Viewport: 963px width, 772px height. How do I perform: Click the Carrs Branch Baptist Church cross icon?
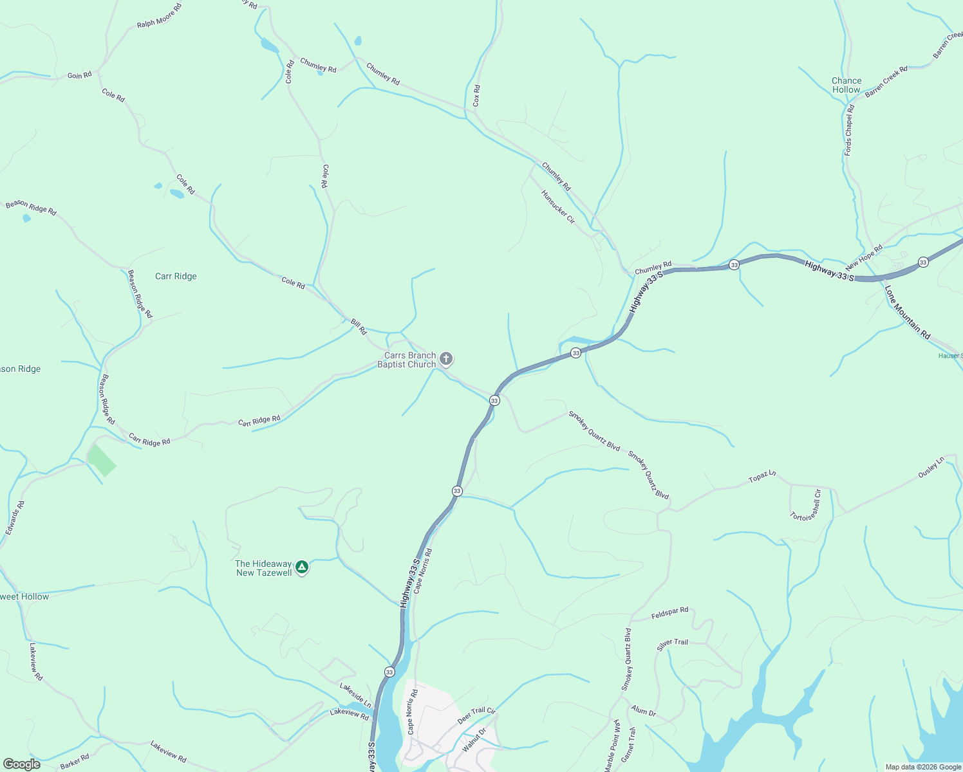pyautogui.click(x=445, y=359)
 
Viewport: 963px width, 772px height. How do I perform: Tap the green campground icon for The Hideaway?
pyautogui.click(x=301, y=567)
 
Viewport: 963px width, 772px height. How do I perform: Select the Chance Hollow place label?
pyautogui.click(x=846, y=86)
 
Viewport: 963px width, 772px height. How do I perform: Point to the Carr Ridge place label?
pyautogui.click(x=176, y=276)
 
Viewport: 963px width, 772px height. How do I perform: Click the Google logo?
pyautogui.click(x=22, y=764)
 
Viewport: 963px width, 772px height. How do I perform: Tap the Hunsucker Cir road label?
pyautogui.click(x=557, y=207)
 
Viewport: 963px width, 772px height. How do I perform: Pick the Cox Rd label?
pyautogui.click(x=476, y=96)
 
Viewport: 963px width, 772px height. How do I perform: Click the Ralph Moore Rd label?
pyautogui.click(x=159, y=15)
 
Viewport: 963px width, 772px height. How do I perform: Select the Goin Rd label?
pyautogui.click(x=79, y=75)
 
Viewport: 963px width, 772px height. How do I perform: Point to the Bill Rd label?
pyautogui.click(x=359, y=327)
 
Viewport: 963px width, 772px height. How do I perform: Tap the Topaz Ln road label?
pyautogui.click(x=762, y=477)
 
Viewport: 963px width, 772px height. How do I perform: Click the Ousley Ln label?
pyautogui.click(x=931, y=467)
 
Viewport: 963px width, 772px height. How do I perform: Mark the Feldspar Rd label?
pyautogui.click(x=669, y=613)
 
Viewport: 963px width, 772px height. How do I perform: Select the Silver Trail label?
pyautogui.click(x=672, y=645)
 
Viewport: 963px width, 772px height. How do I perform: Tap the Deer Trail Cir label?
pyautogui.click(x=476, y=715)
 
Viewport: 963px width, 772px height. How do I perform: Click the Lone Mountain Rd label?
pyautogui.click(x=908, y=313)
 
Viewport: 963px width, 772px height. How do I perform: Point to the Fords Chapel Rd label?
pyautogui.click(x=849, y=130)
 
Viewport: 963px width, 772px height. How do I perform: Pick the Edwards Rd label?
pyautogui.click(x=15, y=518)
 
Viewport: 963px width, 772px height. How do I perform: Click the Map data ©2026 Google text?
pyautogui.click(x=923, y=767)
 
